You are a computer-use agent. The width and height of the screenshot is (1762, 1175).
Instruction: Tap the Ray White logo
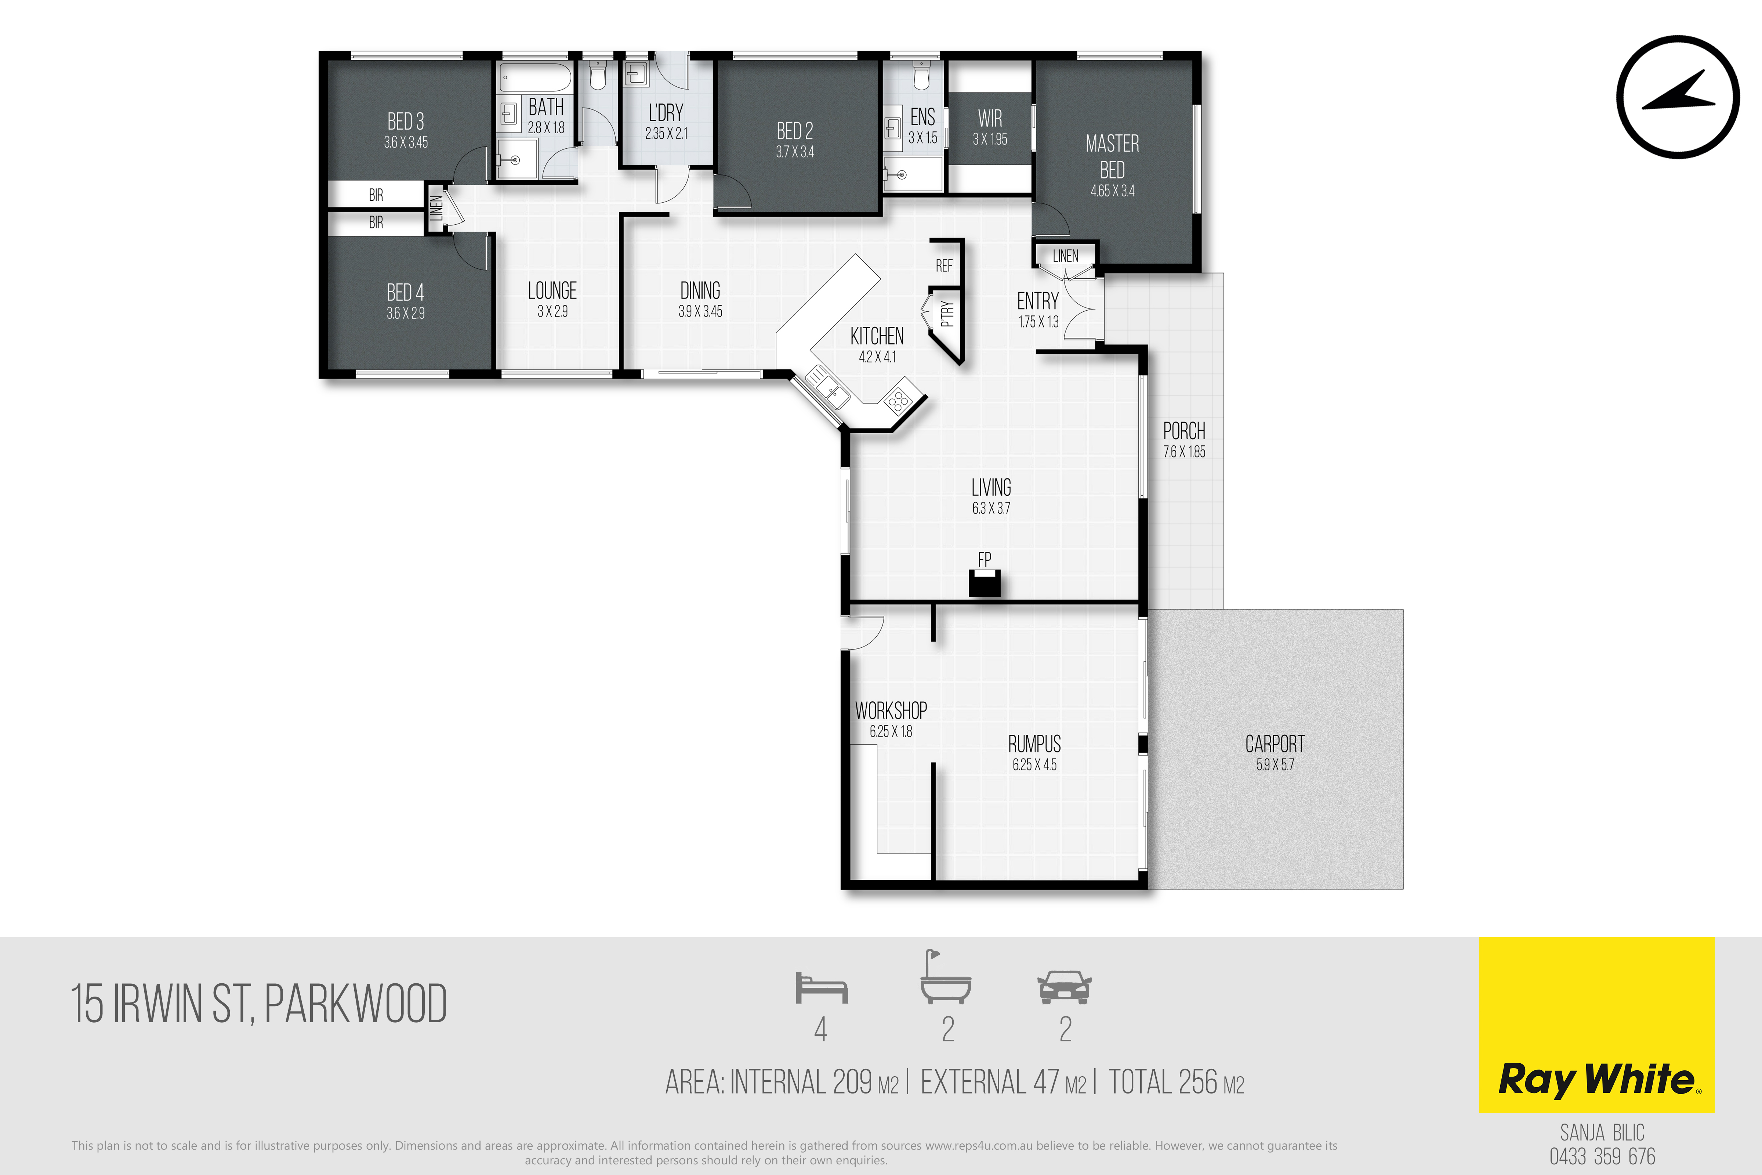click(x=1596, y=1024)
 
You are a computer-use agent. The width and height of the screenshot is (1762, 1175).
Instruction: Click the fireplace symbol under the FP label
click(x=985, y=583)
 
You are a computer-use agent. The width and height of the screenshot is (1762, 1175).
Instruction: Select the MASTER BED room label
click(x=1113, y=157)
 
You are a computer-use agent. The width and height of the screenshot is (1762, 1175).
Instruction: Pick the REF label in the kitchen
click(x=944, y=265)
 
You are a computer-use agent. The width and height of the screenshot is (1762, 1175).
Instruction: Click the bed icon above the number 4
click(x=821, y=988)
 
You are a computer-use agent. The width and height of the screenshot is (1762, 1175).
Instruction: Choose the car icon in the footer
click(x=1065, y=988)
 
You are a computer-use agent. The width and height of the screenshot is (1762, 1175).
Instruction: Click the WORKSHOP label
click(x=891, y=711)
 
